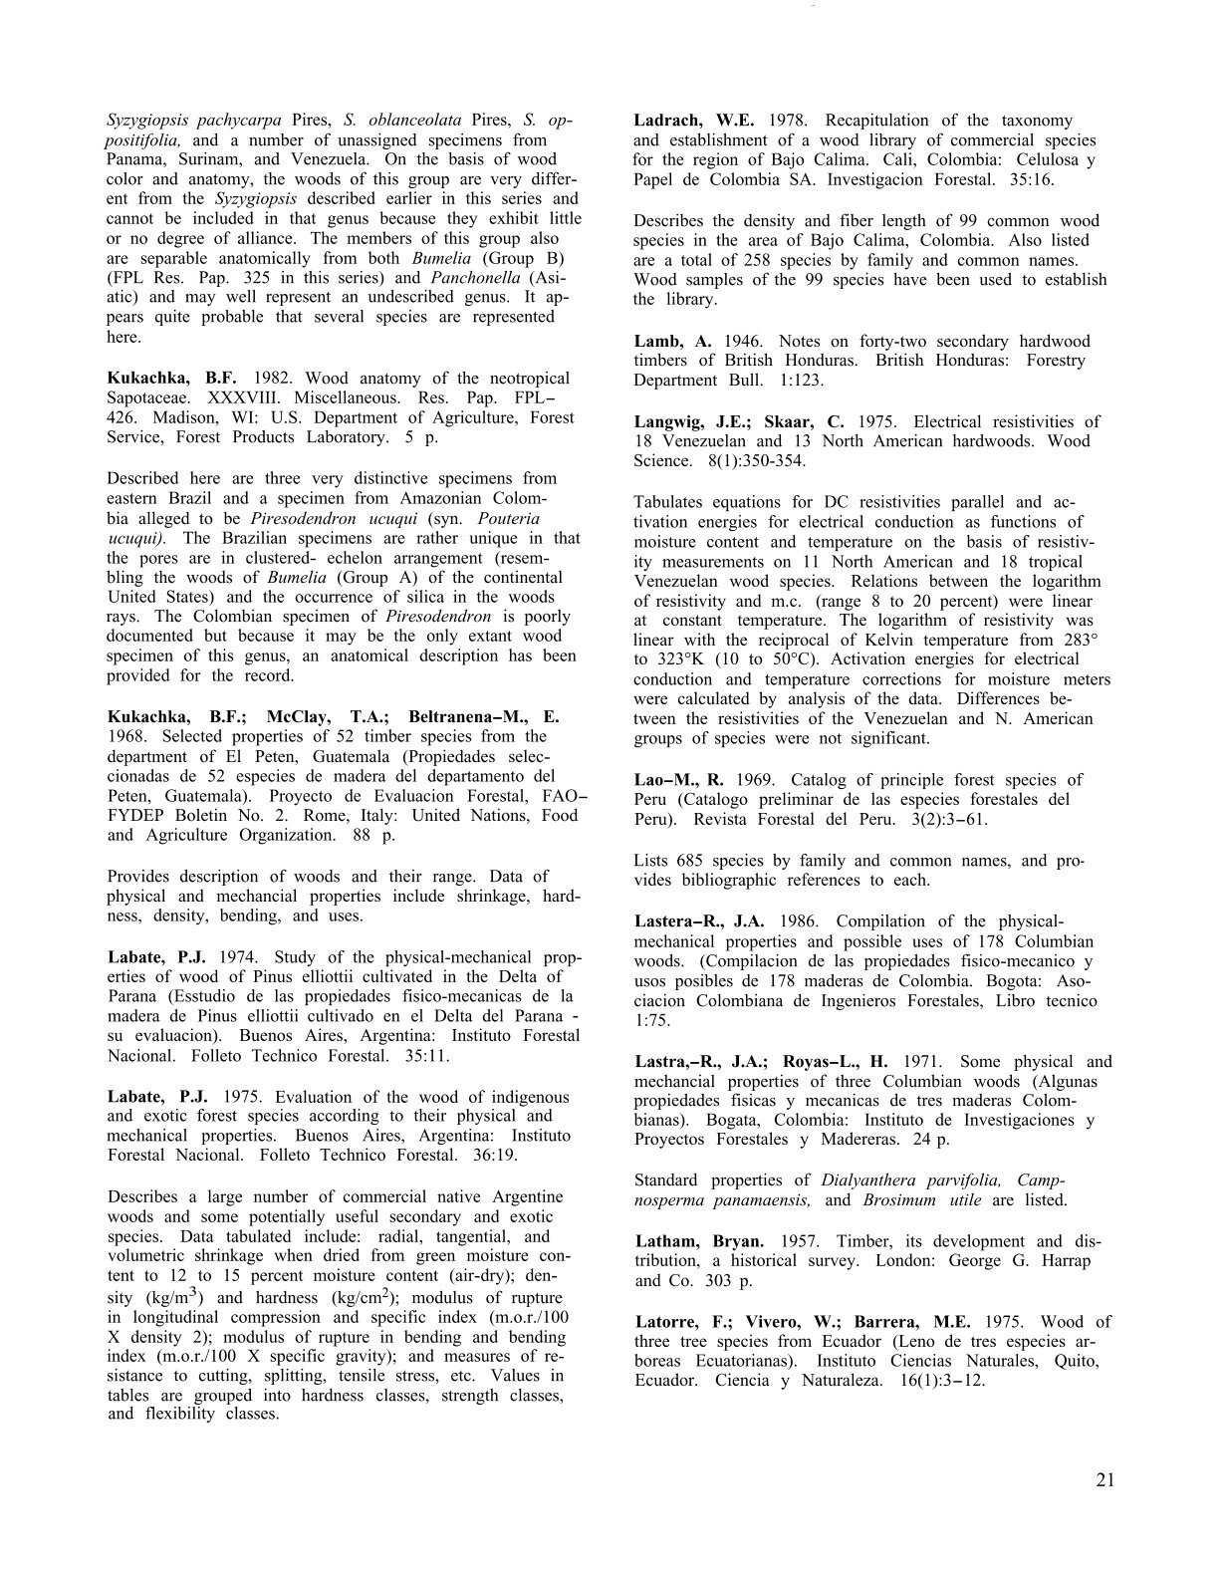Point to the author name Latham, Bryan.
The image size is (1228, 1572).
click(x=699, y=1241)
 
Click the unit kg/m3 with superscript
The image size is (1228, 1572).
click(x=176, y=1297)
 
